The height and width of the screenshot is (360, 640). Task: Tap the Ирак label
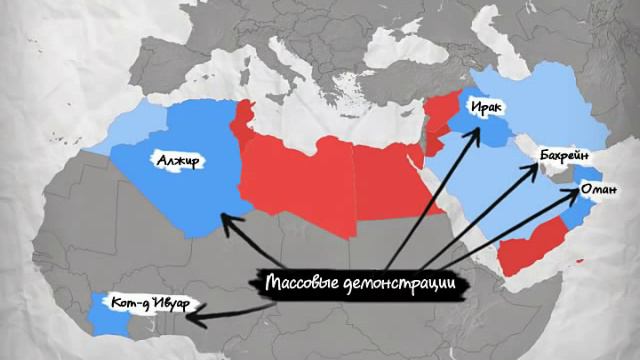tap(482, 108)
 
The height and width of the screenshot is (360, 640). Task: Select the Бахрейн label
tap(566, 157)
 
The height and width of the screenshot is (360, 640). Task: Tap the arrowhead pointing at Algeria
tap(227, 221)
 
